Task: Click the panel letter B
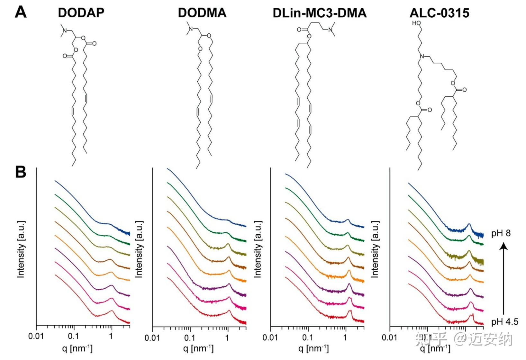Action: pos(21,172)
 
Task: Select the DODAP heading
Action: pos(81,13)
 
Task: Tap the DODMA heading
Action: pos(202,13)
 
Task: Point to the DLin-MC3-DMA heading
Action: pos(320,13)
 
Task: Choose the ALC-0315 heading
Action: pos(439,13)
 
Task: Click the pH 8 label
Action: pos(501,233)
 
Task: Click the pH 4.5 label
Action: pos(504,321)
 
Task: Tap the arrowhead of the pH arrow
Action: pos(504,246)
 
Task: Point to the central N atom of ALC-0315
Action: pos(422,57)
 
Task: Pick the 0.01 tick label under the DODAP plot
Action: pos(36,336)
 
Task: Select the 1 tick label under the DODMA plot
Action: pos(227,337)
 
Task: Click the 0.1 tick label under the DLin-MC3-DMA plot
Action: pos(307,337)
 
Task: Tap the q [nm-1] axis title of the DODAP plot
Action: pos(77,348)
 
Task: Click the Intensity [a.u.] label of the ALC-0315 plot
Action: pos(375,249)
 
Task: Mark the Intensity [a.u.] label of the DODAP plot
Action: pos(21,249)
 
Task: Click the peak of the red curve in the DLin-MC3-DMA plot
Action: pos(350,311)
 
